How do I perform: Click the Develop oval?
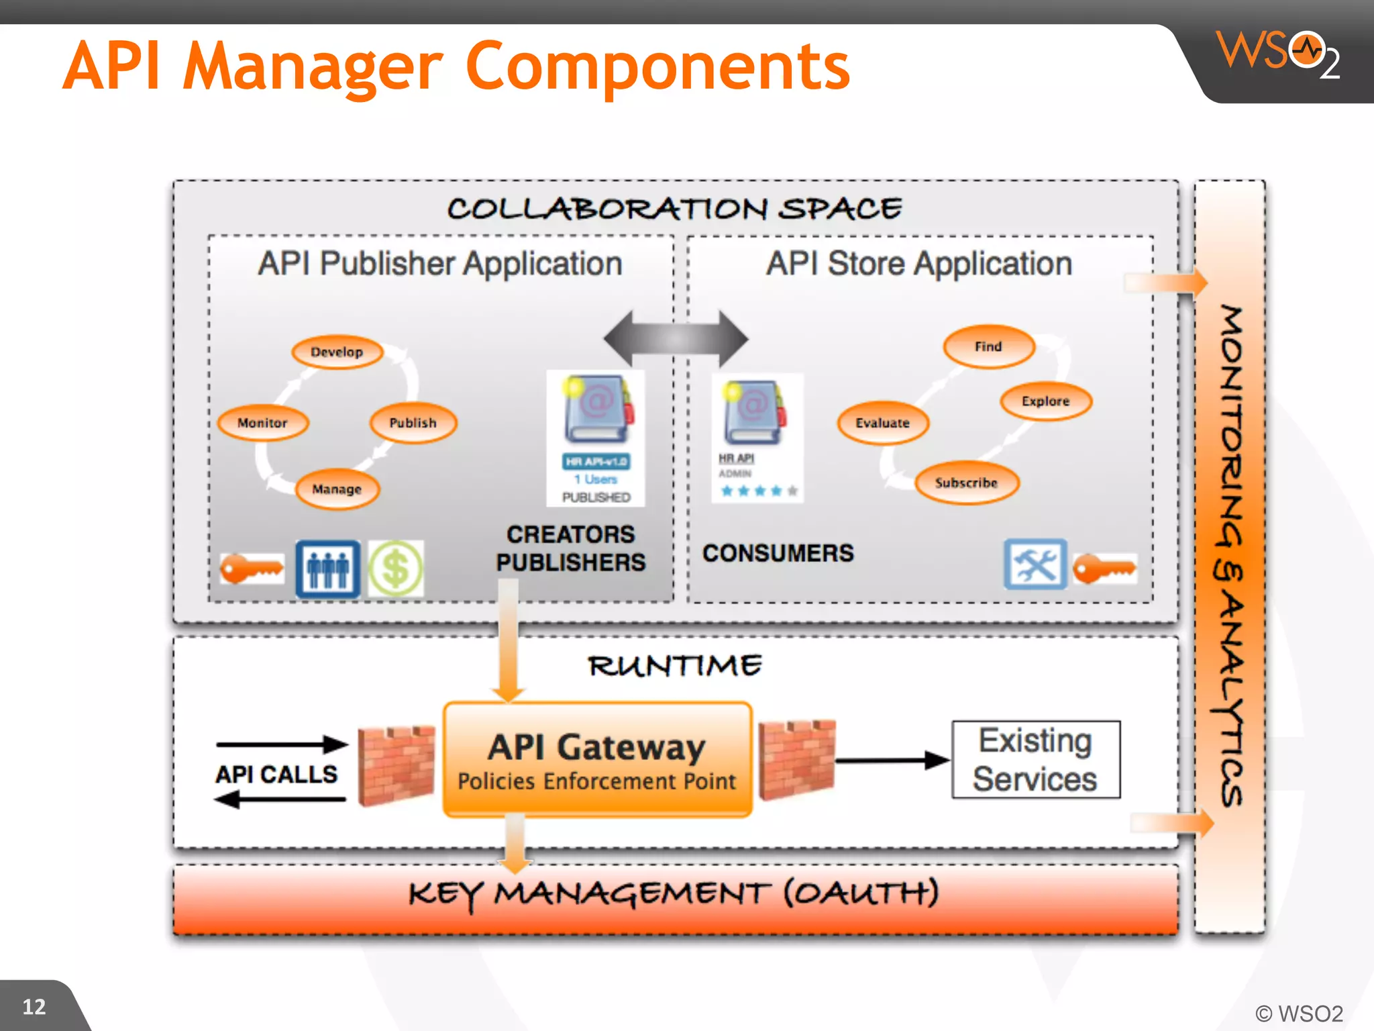pyautogui.click(x=337, y=352)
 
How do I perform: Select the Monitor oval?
pyautogui.click(x=262, y=423)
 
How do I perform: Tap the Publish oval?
pyautogui.click(x=413, y=423)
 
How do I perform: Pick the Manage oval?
pyautogui.click(x=337, y=489)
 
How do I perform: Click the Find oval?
pyautogui.click(x=988, y=346)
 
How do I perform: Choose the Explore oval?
pyautogui.click(x=1045, y=401)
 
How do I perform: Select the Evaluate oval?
pyautogui.click(x=882, y=423)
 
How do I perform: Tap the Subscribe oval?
pyautogui.click(x=966, y=483)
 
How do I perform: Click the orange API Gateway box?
pyautogui.click(x=596, y=760)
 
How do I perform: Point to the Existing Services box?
pyautogui.click(x=1035, y=760)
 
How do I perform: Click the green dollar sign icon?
pyautogui.click(x=396, y=569)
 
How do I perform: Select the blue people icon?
pyautogui.click(x=328, y=569)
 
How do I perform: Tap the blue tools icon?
pyautogui.click(x=1035, y=564)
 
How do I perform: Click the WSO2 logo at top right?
pyautogui.click(x=1278, y=54)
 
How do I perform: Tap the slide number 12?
pyautogui.click(x=34, y=1006)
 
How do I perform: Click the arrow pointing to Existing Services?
pyautogui.click(x=892, y=760)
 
